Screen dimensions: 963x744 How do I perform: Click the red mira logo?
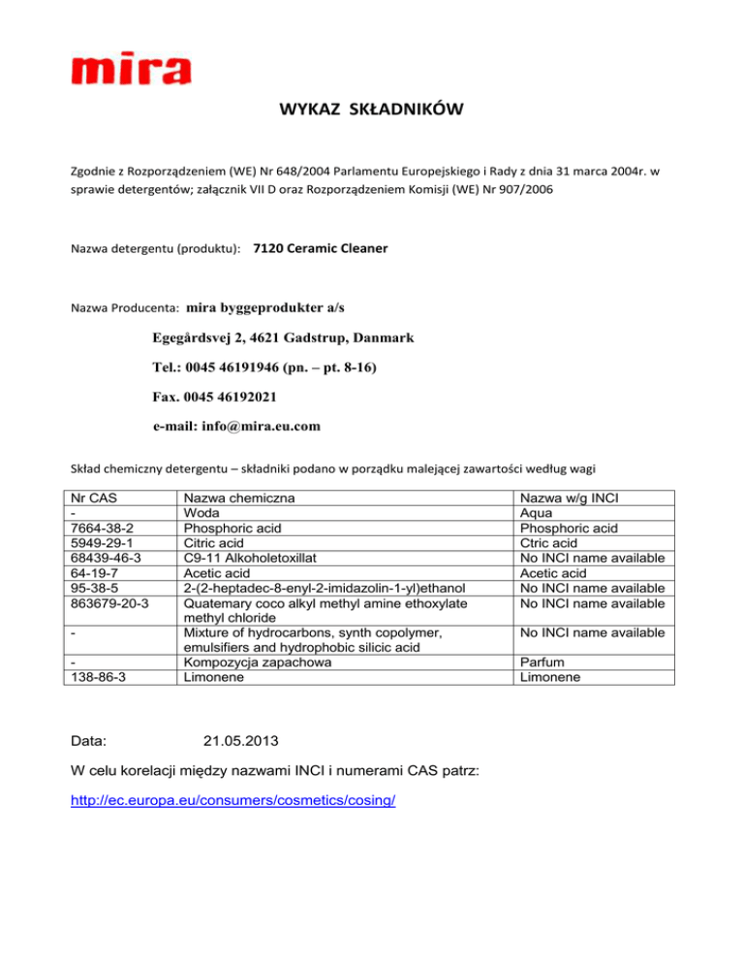(x=131, y=71)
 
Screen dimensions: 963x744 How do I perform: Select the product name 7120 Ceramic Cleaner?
(x=320, y=249)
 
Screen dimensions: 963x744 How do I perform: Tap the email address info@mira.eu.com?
(x=237, y=425)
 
